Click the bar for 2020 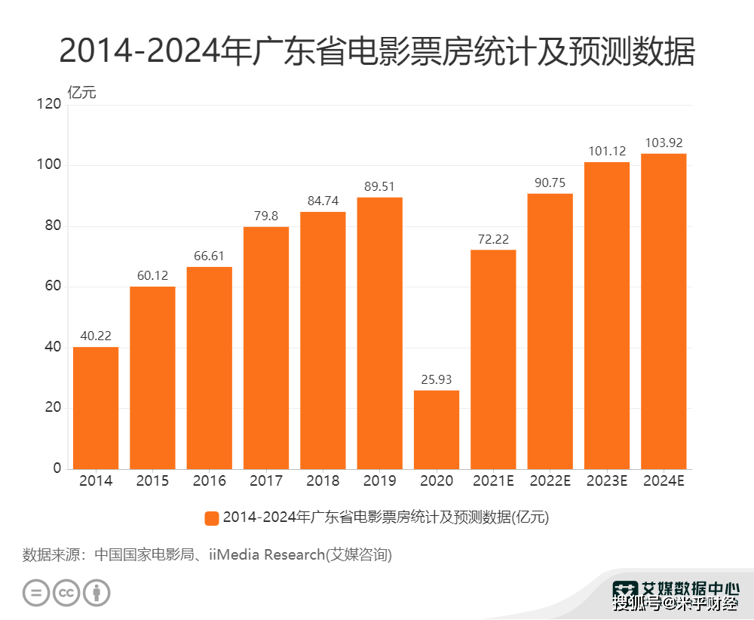(x=437, y=430)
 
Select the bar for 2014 (x=96, y=408)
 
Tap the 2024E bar (x=664, y=312)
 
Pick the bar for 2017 (x=266, y=348)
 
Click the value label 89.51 (x=380, y=186)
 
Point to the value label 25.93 (x=437, y=379)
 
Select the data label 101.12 (x=607, y=151)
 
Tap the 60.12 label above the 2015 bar (x=152, y=275)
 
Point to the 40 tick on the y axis (x=52, y=348)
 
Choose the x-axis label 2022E (x=550, y=481)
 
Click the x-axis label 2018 (x=323, y=481)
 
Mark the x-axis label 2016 (x=209, y=481)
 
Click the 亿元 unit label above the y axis (x=82, y=94)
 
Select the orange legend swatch (x=212, y=518)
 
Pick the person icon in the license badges (x=97, y=592)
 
